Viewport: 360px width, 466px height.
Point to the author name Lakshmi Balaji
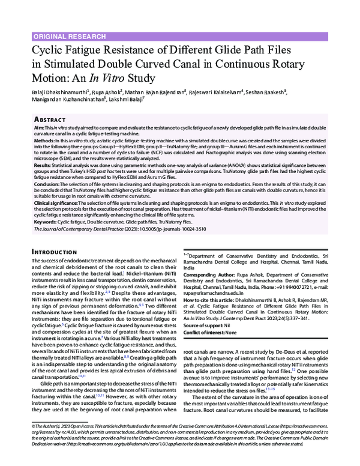coord(131,100)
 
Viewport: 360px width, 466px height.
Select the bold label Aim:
coord(38,129)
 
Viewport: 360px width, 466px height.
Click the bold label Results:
coord(43,165)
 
